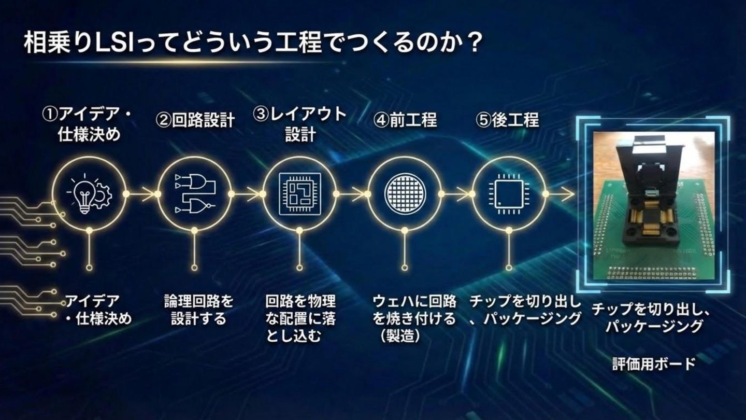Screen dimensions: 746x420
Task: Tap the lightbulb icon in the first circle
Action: pyautogui.click(x=83, y=196)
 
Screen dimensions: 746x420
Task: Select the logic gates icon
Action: pyautogui.click(x=194, y=193)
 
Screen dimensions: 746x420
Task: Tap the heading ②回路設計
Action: pyautogui.click(x=195, y=121)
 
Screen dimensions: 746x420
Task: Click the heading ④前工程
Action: pyautogui.click(x=405, y=121)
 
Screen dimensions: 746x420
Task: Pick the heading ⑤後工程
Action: pyautogui.click(x=507, y=121)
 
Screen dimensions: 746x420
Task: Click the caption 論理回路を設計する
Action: pyautogui.click(x=199, y=310)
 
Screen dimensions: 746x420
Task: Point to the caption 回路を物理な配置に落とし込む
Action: pyautogui.click(x=300, y=318)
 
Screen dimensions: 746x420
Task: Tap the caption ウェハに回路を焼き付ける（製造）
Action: pyautogui.click(x=414, y=318)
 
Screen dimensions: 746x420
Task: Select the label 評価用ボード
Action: pyautogui.click(x=654, y=363)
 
